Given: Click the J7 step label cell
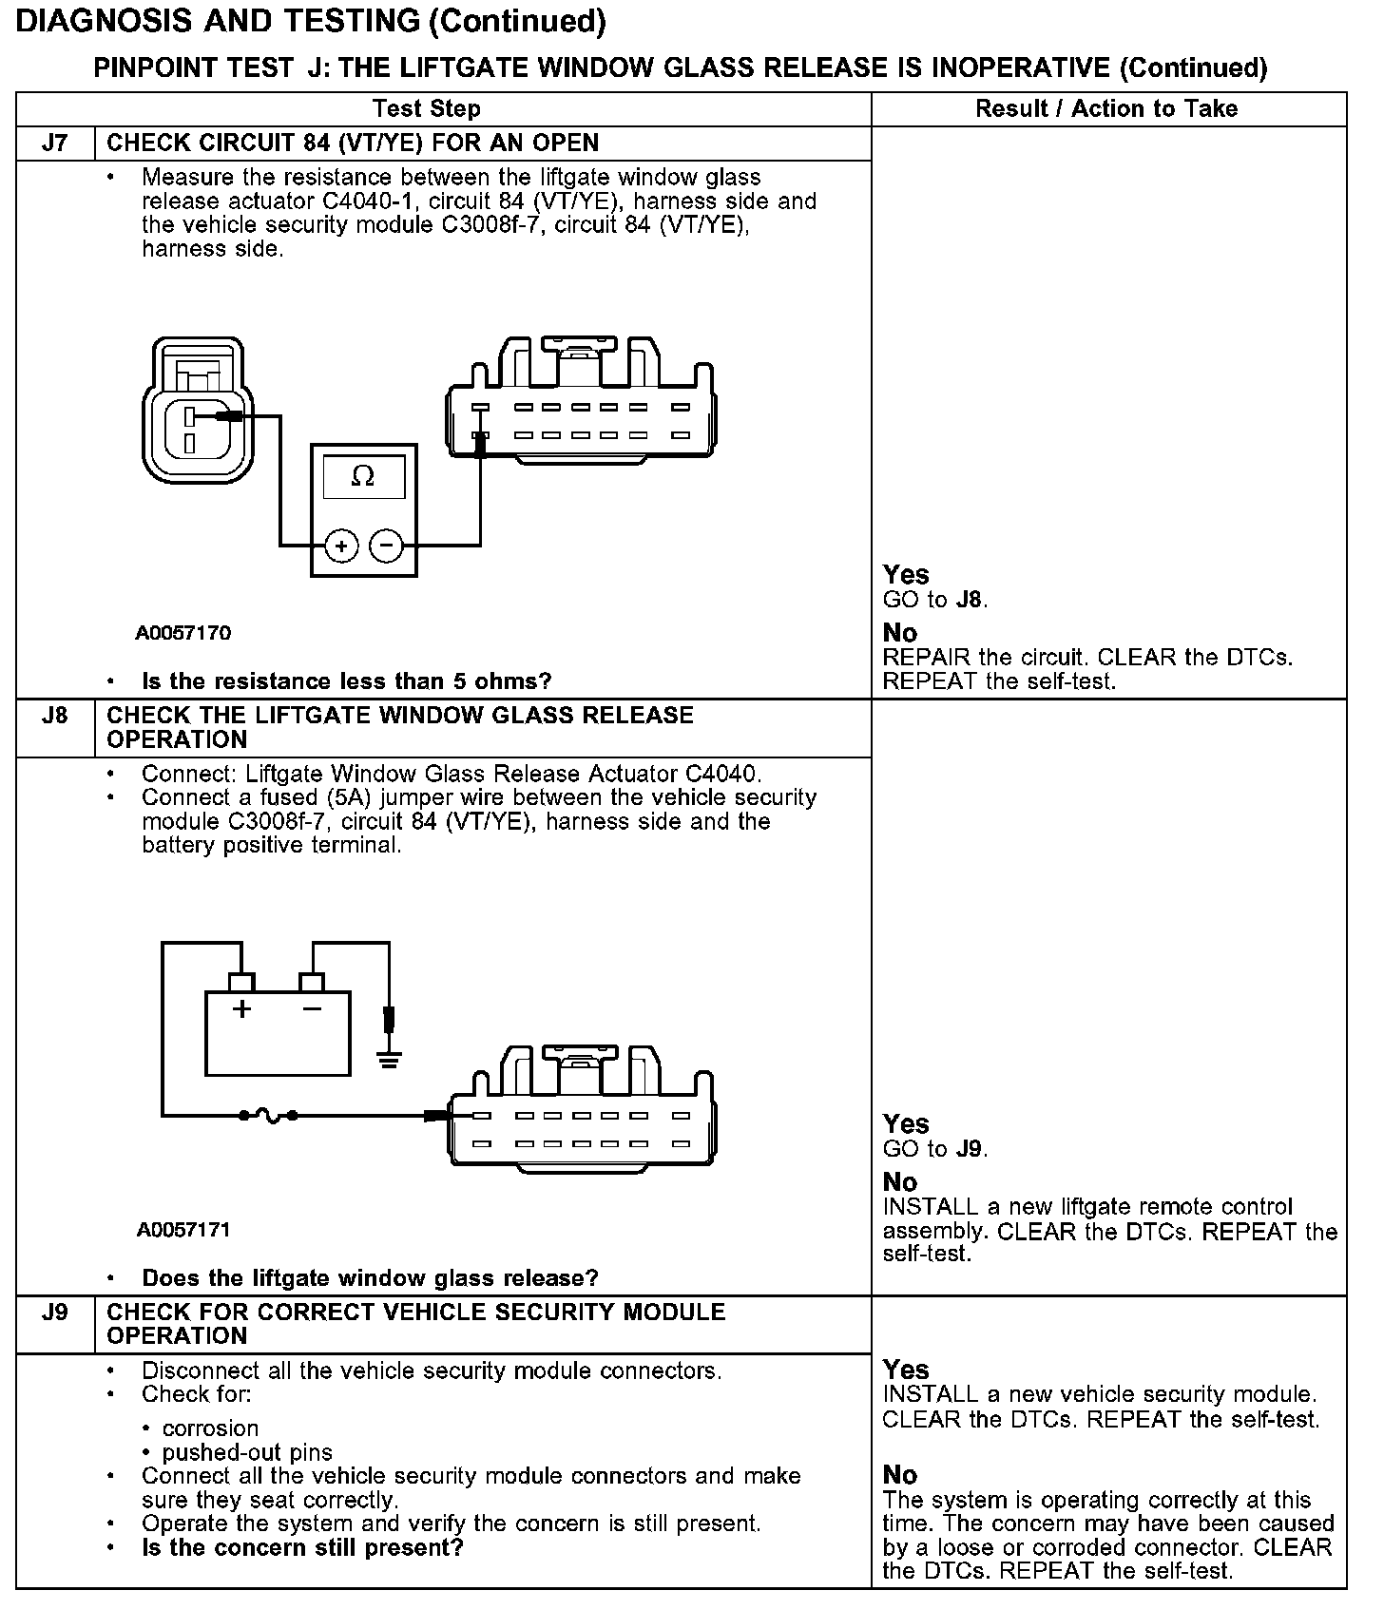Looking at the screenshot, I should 55,144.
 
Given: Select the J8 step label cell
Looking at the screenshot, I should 55,716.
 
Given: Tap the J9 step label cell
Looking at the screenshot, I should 55,1313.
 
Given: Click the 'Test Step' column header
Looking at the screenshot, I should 426,108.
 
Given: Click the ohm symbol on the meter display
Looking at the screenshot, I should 363,476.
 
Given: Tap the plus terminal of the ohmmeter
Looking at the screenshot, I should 341,546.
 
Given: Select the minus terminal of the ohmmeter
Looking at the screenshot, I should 386,546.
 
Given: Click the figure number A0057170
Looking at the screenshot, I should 183,633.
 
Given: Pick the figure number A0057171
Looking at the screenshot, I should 183,1230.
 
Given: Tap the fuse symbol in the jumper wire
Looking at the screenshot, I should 269,1115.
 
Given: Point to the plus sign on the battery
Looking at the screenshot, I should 242,1008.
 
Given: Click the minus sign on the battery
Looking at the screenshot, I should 312,1008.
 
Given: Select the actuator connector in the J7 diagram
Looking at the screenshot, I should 198,412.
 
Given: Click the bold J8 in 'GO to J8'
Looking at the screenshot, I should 971,600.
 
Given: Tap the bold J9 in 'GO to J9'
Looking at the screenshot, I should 971,1149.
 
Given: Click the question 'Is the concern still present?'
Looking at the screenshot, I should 302,1547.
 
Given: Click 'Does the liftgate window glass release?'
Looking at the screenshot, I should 370,1277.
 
